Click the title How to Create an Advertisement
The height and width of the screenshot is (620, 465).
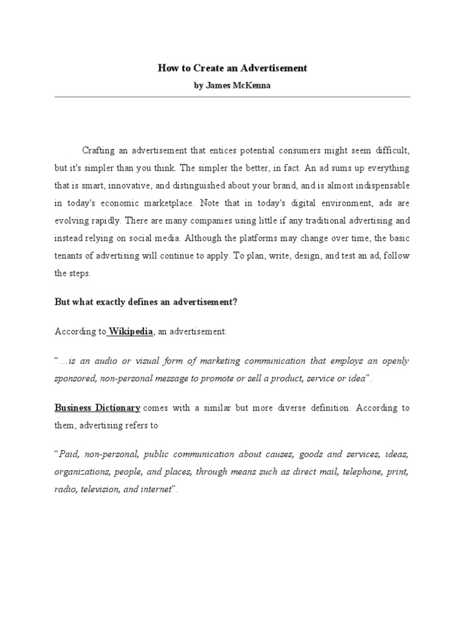[x=232, y=68]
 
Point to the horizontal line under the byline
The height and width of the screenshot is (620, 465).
[x=232, y=97]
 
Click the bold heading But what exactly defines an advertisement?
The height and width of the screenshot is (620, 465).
[x=146, y=302]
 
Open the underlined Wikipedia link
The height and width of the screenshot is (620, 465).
[x=131, y=331]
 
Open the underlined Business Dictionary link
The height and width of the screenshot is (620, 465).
[x=98, y=408]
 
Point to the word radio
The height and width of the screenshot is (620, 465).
[x=64, y=490]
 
